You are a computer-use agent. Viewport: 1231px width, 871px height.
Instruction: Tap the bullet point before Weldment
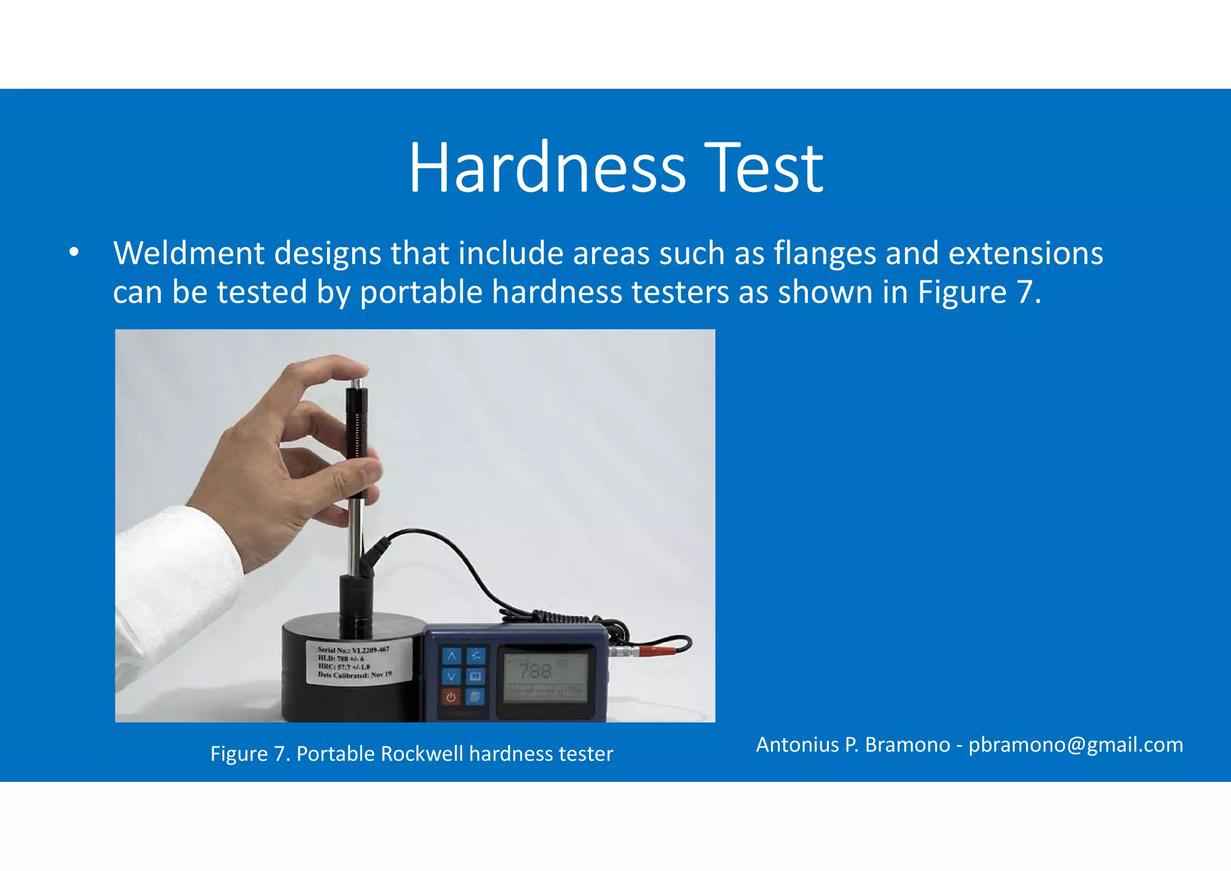[73, 253]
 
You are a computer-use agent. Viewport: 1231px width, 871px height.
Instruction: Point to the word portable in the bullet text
[421, 292]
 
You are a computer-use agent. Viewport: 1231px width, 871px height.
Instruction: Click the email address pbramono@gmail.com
[1075, 745]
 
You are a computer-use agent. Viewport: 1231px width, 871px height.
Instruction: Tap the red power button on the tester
[451, 698]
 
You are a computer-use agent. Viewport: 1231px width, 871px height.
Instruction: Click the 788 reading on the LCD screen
[534, 671]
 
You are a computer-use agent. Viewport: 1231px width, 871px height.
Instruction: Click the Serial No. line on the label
[353, 650]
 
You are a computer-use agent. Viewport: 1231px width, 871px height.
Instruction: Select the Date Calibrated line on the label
[355, 675]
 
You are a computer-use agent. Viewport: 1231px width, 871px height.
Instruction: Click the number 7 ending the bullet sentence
[1024, 292]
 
